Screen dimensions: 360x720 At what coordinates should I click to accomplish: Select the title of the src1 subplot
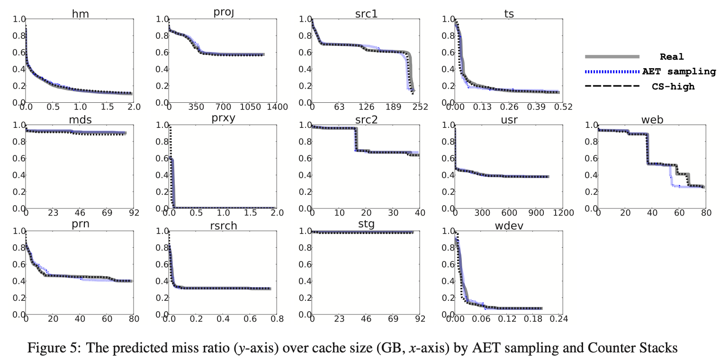click(366, 14)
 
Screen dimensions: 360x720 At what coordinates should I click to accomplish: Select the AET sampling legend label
click(679, 72)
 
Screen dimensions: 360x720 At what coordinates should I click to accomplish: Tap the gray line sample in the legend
click(612, 57)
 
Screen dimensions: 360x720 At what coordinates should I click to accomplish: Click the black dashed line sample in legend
click(612, 87)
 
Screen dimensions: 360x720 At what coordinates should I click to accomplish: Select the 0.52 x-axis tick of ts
click(563, 108)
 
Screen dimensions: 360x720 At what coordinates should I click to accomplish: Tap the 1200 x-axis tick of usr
click(563, 214)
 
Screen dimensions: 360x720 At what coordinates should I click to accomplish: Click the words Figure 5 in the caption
click(51, 348)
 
